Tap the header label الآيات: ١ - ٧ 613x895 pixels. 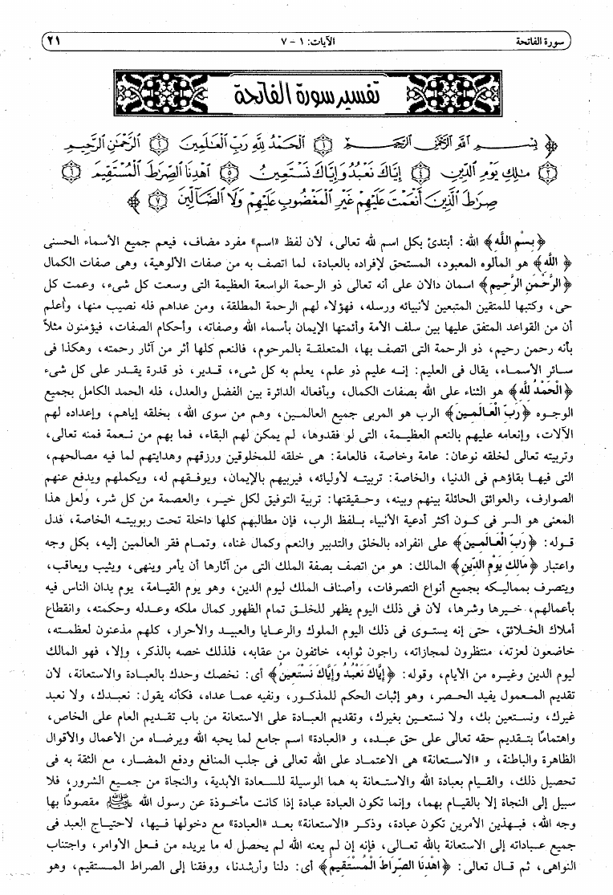[310, 39]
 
